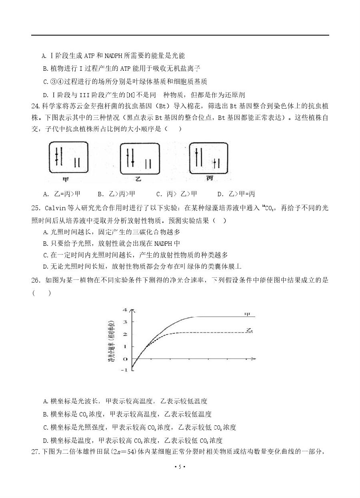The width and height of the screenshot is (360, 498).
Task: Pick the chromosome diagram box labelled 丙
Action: click(x=208, y=157)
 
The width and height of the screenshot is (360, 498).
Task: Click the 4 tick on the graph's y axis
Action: click(x=125, y=310)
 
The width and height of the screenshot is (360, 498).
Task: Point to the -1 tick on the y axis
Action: click(x=124, y=370)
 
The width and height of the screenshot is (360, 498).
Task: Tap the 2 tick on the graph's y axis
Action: click(x=125, y=334)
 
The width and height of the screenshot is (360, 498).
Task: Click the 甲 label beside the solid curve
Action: click(x=248, y=315)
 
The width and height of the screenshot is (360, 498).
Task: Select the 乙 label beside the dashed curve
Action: click(x=250, y=330)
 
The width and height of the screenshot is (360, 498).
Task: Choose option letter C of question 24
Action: click(x=159, y=194)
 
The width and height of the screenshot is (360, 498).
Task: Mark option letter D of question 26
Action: click(x=45, y=441)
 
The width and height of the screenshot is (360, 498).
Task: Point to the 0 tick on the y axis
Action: click(x=125, y=359)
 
